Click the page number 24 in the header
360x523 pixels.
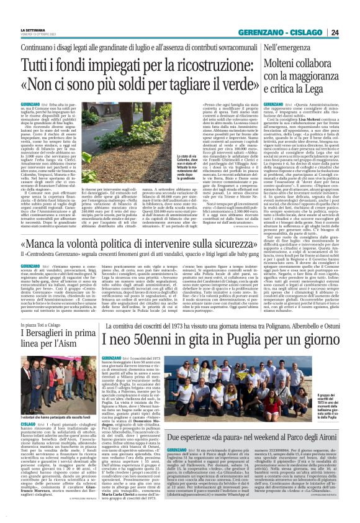352,32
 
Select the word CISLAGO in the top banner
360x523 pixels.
323,32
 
